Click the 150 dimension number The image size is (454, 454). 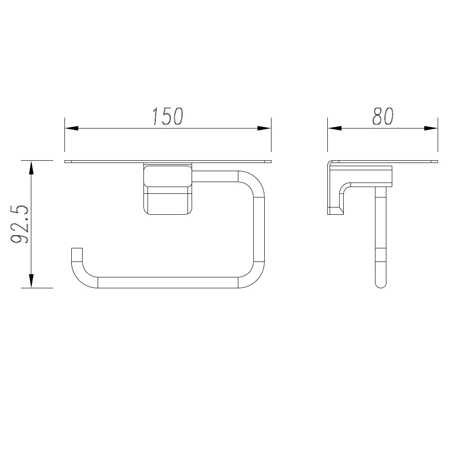coord(168,116)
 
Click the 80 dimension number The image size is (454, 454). coord(383,116)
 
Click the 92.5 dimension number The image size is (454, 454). coord(20,224)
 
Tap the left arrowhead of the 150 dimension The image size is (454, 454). coord(71,128)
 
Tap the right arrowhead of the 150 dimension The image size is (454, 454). coord(264,128)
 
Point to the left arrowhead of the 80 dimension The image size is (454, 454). coord(335,128)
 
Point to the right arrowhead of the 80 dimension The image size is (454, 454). coord(431,128)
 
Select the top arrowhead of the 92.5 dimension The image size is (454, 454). coord(31,168)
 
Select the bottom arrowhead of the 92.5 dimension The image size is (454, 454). coord(31,281)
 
